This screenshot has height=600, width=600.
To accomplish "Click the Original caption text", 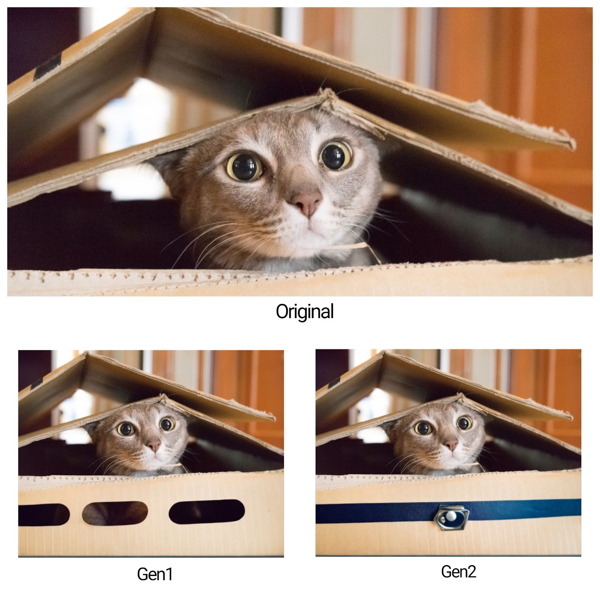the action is (304, 311).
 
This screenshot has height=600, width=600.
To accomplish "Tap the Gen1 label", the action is (154, 574).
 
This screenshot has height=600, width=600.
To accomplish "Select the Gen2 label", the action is (458, 571).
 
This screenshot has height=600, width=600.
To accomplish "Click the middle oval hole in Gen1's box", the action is (115, 513).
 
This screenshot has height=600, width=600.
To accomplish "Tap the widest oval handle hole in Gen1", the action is (207, 511).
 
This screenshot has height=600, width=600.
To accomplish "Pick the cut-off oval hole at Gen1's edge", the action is (44, 514).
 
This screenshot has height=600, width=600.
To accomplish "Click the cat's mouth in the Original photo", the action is (308, 228).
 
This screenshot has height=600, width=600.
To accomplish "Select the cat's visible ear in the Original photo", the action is (165, 165).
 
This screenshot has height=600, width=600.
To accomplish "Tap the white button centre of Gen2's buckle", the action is (450, 517).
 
